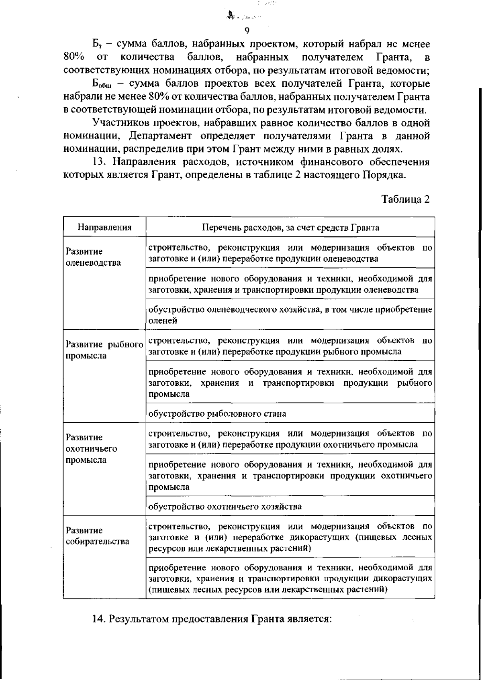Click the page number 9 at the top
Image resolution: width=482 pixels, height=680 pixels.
coord(247,31)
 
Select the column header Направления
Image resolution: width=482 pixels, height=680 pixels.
coord(104,228)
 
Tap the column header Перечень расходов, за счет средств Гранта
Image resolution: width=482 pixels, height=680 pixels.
coord(290,228)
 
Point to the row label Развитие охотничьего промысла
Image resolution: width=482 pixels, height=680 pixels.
coord(86,448)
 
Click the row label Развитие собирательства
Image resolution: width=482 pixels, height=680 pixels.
coord(98,536)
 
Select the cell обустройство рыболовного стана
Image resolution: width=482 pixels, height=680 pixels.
coord(217,413)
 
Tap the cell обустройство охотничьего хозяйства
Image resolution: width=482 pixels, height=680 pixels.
coord(225,507)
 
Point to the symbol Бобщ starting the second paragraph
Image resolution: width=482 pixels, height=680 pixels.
coord(98,84)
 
